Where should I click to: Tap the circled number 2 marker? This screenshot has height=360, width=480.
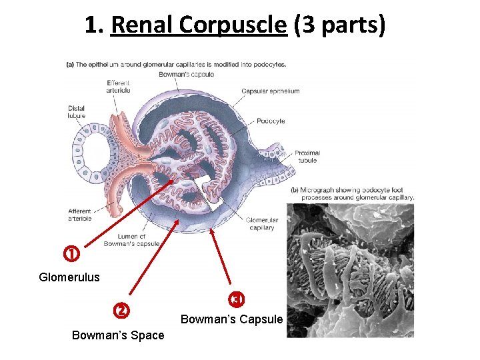click(x=121, y=310)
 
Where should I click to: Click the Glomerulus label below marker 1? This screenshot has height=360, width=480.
click(x=69, y=277)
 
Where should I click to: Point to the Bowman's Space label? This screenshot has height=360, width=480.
click(x=118, y=335)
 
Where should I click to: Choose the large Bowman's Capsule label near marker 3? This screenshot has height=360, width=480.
click(x=232, y=319)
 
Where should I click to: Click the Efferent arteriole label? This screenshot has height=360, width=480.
click(x=118, y=87)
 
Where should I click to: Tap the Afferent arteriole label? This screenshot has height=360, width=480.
click(x=80, y=215)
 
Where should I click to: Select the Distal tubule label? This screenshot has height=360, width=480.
click(x=76, y=112)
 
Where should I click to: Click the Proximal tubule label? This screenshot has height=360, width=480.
click(x=307, y=156)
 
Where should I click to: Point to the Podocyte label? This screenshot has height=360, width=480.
click(x=271, y=121)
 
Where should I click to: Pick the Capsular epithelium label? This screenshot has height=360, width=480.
click(x=270, y=91)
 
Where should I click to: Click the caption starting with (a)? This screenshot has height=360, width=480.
click(x=176, y=65)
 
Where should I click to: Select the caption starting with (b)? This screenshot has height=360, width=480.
click(x=352, y=193)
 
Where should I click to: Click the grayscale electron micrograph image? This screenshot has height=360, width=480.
click(x=350, y=270)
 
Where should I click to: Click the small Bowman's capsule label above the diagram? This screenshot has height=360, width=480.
click(x=186, y=74)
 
